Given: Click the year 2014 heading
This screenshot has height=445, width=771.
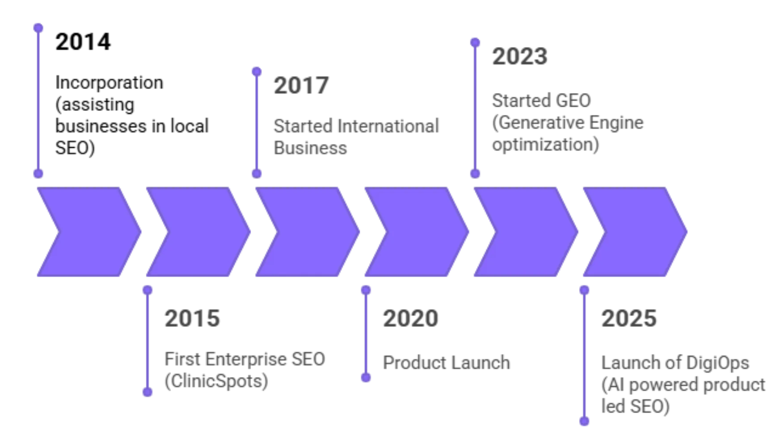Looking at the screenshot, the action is pos(83,42).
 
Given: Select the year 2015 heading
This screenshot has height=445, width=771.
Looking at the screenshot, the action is pos(192,318).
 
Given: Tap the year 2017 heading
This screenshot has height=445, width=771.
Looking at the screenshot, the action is pos(301,86).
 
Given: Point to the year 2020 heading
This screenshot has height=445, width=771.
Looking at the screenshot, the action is pos(410,318).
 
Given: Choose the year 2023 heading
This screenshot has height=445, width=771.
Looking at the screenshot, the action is pos(520,56).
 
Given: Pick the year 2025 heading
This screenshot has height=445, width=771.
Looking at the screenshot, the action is pos(629,318).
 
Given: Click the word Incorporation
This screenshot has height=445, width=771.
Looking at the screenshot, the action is pos(109,83).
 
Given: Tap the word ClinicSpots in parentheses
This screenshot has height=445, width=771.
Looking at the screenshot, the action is pos(217,381).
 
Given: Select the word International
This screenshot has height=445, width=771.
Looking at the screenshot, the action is pos(388,126).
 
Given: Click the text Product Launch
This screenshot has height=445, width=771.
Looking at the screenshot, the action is pos(447,363).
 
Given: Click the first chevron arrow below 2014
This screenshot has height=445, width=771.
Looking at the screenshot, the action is pos(89,231).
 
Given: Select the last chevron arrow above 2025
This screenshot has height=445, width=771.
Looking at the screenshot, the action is pos(635,231).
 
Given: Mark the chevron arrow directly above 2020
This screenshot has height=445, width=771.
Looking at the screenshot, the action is pos(417,231).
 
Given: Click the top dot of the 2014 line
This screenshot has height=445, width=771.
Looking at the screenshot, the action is pos(38,28).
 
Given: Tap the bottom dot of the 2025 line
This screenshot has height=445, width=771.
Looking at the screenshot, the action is pos(584,421).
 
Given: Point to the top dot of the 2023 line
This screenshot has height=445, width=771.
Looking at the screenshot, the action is pos(475,43).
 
